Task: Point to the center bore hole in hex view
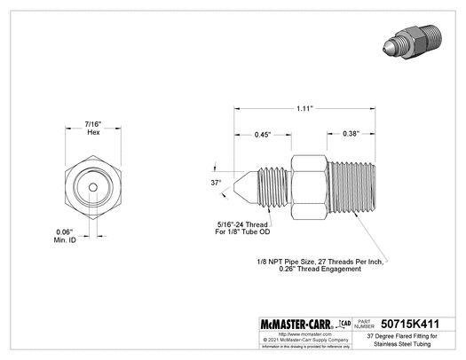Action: (93, 188)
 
